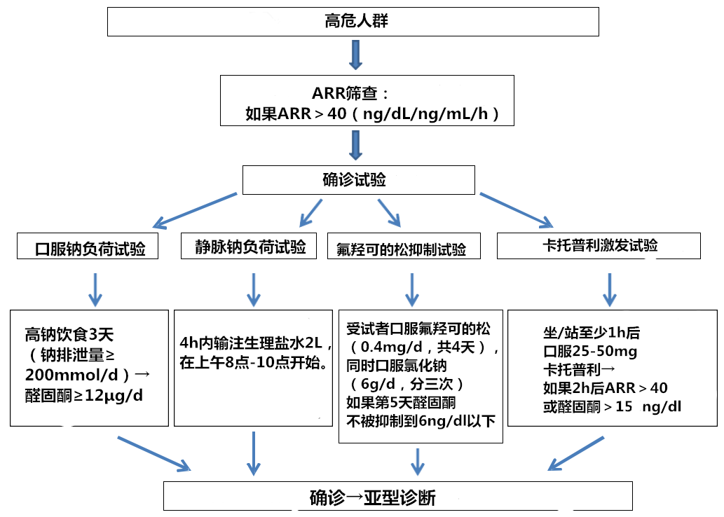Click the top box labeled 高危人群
(353, 21)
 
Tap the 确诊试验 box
(358, 180)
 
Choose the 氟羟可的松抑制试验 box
(407, 248)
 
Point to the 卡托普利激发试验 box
(600, 245)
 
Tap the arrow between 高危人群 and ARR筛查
(355, 55)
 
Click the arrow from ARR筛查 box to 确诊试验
(355, 146)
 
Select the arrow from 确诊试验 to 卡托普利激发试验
(515, 208)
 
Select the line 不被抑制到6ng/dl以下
(421, 420)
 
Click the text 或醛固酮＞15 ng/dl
(611, 406)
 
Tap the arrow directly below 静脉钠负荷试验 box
(253, 287)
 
